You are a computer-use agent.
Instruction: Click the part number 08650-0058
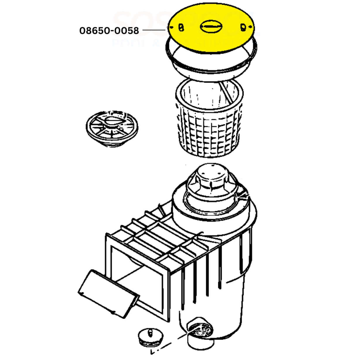[109, 30]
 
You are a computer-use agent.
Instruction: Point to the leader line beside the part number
[154, 30]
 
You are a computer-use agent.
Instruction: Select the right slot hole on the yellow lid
[243, 27]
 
